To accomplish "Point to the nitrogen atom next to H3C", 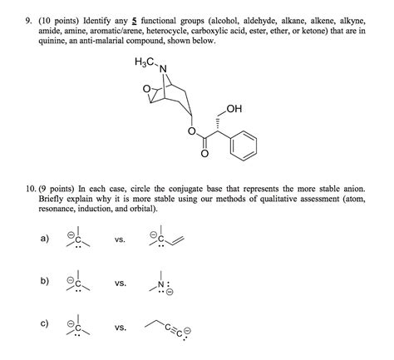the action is [x=165, y=71].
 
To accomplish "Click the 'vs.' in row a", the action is [x=121, y=240].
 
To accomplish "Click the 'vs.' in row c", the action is [x=121, y=328].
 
